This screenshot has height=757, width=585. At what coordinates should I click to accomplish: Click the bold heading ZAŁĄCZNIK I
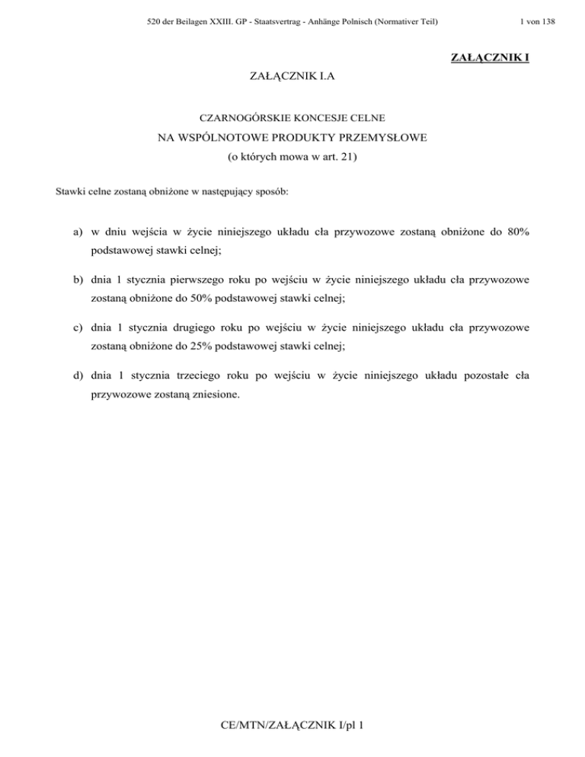490,58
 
